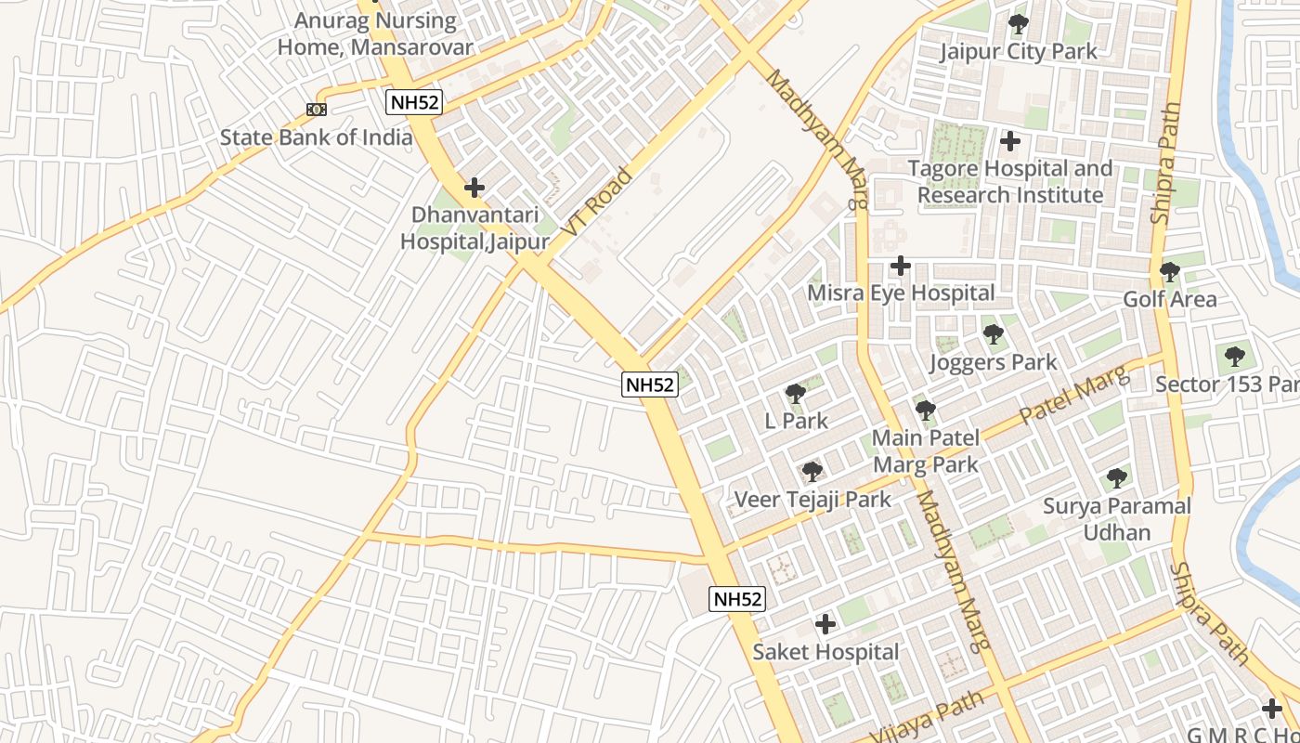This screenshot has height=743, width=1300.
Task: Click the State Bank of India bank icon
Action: [317, 110]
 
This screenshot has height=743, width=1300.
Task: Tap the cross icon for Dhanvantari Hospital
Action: [474, 188]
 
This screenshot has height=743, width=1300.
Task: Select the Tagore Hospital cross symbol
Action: [1010, 142]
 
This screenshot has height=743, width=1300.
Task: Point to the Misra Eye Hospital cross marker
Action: [900, 267]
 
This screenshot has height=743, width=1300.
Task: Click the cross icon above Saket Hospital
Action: [825, 624]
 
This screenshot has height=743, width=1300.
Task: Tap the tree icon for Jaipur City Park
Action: [1019, 24]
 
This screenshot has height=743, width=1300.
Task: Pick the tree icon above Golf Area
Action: [1169, 273]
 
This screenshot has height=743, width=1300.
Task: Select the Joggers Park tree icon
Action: [993, 334]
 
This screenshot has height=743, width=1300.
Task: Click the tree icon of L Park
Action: [795, 394]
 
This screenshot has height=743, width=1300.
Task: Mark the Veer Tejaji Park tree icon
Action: [812, 472]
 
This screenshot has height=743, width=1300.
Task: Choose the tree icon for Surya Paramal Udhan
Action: [1116, 479]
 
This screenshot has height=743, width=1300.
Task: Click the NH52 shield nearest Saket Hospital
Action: [737, 599]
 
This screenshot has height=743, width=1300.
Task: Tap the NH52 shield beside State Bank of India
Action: [414, 102]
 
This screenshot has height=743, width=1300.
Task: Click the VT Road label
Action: [597, 202]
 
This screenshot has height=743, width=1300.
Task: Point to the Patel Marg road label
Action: [1075, 397]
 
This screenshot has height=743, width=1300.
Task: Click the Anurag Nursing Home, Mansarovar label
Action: [376, 33]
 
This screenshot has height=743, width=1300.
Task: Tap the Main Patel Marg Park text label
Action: [925, 450]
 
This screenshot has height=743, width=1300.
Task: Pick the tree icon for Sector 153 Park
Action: [1233, 357]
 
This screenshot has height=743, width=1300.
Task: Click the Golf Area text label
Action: [1169, 299]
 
